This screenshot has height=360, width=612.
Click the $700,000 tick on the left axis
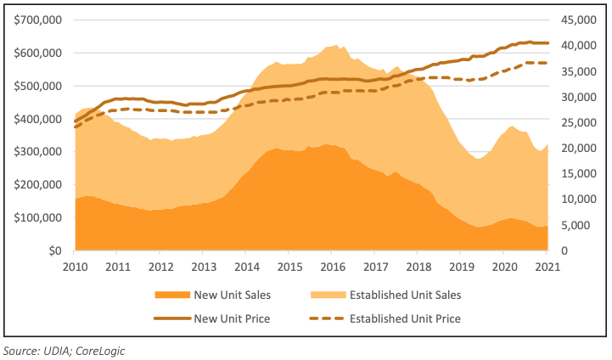[37, 20]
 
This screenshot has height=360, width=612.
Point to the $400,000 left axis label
[37, 119]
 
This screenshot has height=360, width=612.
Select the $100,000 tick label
[37, 218]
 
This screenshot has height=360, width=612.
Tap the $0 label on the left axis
[56, 251]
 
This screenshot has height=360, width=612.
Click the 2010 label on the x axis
[75, 266]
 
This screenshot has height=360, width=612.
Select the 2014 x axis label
[246, 266]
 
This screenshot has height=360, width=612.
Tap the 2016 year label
[332, 266]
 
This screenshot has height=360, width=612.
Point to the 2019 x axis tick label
[460, 266]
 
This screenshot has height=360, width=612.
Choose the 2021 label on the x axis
[546, 266]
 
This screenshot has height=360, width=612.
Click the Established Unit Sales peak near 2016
[336, 46]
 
